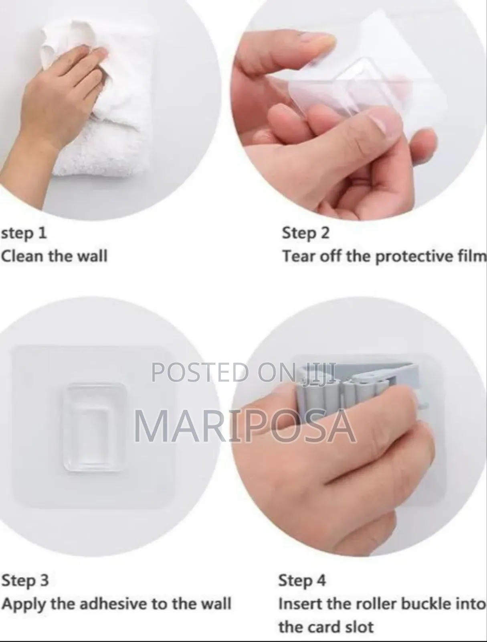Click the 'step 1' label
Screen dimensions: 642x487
[x=24, y=233]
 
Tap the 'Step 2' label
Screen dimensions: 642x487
[x=305, y=233]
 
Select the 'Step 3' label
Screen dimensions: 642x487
[x=25, y=580]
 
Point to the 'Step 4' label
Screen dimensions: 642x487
[x=302, y=580]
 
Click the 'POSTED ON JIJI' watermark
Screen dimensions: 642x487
[x=242, y=372]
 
